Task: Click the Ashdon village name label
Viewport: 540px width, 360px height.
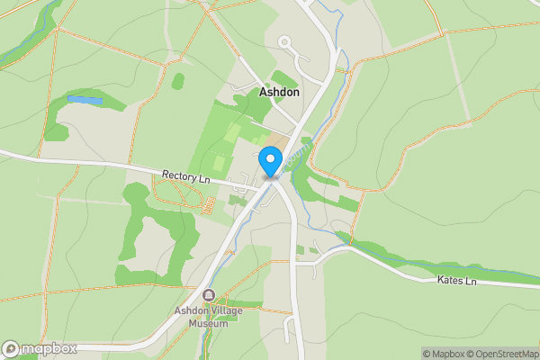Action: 279,92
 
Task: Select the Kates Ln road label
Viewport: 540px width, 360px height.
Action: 457,281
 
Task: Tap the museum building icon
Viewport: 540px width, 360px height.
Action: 210,295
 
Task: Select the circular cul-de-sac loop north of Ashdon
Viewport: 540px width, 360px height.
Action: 285,41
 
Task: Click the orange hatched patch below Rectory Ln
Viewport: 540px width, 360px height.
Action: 206,206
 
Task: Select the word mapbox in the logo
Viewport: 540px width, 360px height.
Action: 49,349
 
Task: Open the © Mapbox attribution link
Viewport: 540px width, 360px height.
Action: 443,354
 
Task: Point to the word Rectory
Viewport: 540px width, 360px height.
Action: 178,175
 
